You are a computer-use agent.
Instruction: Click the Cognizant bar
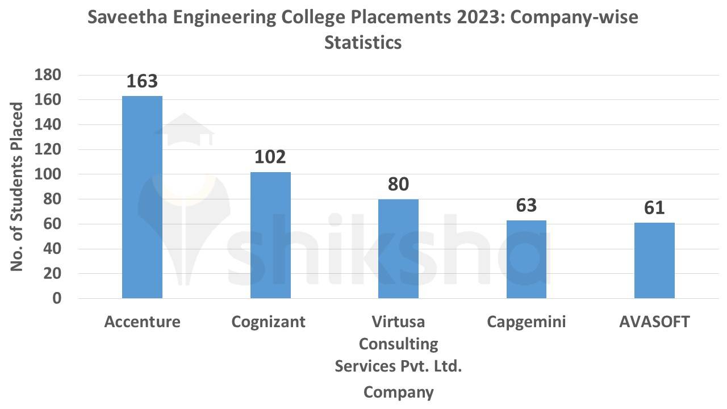point(270,235)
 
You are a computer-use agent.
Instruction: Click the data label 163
point(142,81)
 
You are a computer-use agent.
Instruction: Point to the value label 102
point(270,157)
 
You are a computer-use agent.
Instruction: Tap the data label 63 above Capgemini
point(527,205)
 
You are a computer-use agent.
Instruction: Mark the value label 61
point(654,208)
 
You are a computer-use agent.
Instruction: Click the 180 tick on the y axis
point(48,75)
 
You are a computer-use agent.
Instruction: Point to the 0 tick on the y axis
point(56,298)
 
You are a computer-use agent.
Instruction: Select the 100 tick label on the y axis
point(48,174)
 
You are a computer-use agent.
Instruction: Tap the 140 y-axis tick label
point(48,124)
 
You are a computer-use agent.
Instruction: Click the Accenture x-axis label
point(142,322)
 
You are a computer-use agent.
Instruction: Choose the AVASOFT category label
point(654,322)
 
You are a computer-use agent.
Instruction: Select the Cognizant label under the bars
point(268,322)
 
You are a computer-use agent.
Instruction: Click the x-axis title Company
point(398,392)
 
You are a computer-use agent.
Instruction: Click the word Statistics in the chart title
point(363,43)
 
